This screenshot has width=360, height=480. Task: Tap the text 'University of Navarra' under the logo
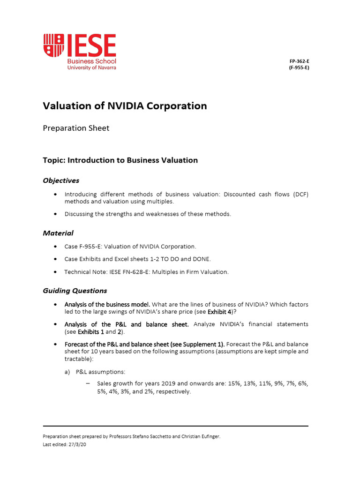[x=91, y=67]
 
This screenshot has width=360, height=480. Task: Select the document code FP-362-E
[x=300, y=61]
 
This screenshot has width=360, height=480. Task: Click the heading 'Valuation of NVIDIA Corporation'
[x=125, y=106]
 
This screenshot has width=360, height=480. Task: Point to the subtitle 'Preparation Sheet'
[x=76, y=128]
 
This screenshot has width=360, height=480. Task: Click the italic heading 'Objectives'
[x=61, y=180]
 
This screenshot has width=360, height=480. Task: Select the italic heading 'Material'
[x=58, y=233]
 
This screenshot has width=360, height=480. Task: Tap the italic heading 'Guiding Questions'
[x=75, y=291]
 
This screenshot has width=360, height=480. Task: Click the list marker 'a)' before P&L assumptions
[x=67, y=372]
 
